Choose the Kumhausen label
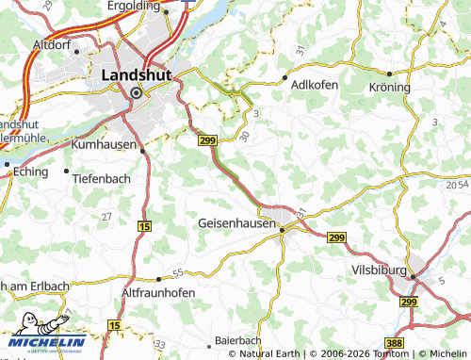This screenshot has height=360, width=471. pos(105,146)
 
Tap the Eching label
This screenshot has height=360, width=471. pos(34,173)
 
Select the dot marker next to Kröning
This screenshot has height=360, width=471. pos(387,74)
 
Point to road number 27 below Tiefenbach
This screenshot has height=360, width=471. pos(106,216)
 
